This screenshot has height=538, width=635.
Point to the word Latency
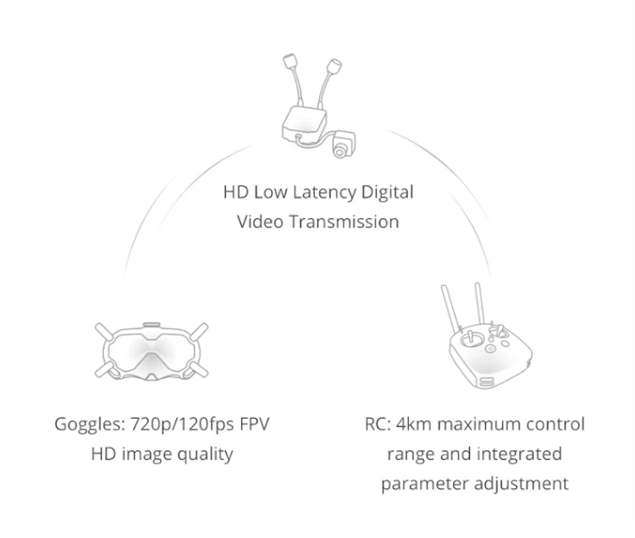(318, 193)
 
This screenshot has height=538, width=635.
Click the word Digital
(387, 193)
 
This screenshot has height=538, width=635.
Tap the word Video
(260, 222)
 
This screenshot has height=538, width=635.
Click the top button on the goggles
(152, 324)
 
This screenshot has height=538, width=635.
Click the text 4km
(410, 424)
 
